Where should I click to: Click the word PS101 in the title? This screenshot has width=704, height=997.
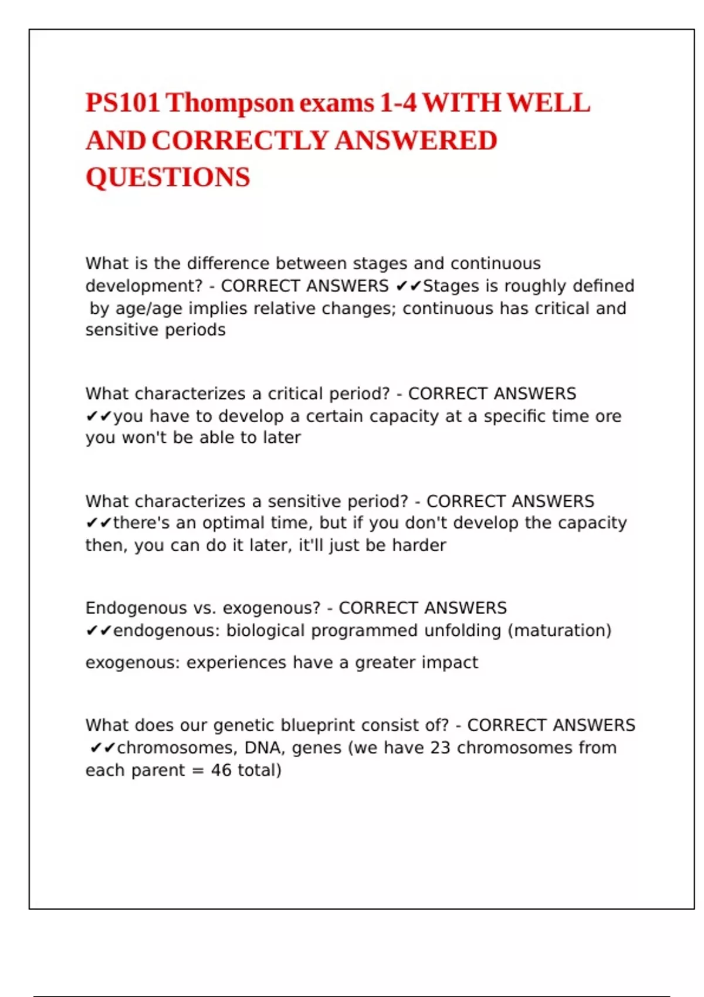tap(123, 103)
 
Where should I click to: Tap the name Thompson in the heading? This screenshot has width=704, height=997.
tap(229, 103)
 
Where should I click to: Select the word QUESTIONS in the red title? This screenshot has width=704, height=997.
tap(168, 178)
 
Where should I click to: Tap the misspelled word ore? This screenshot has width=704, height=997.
tap(608, 416)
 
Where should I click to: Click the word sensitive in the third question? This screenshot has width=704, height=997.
tap(303, 501)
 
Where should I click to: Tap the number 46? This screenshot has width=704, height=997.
tap(221, 771)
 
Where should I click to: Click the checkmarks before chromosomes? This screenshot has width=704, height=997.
tap(102, 748)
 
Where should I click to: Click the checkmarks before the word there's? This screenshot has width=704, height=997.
tap(99, 523)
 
